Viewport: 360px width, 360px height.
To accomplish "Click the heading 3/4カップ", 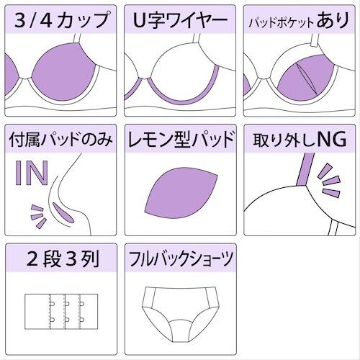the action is [x=61, y=19].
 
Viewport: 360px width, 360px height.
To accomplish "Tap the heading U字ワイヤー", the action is [x=180, y=19].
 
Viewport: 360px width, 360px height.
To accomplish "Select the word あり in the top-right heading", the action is [x=333, y=19].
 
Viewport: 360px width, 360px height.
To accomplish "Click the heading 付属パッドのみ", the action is [x=60, y=139].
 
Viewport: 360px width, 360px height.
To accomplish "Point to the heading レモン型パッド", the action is [x=181, y=139].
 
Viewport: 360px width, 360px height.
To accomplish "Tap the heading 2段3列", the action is [x=63, y=259].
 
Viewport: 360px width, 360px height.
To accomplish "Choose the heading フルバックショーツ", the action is [x=181, y=259].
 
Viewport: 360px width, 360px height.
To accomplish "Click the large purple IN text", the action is [x=32, y=173].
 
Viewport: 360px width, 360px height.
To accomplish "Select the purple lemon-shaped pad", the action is [x=181, y=193].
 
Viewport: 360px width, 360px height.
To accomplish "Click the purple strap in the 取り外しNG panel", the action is [x=305, y=169].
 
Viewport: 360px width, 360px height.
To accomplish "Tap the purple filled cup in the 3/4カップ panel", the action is [x=64, y=72].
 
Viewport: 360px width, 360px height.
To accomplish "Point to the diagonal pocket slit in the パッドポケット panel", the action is [x=307, y=78].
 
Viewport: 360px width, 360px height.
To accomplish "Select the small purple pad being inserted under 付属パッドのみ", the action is [x=62, y=212].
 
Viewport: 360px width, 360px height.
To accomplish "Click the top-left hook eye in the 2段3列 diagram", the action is [x=52, y=304].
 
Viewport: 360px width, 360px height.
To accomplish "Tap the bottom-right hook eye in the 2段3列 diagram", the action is [x=82, y=320].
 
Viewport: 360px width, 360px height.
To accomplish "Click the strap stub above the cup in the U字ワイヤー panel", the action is [x=197, y=38].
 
